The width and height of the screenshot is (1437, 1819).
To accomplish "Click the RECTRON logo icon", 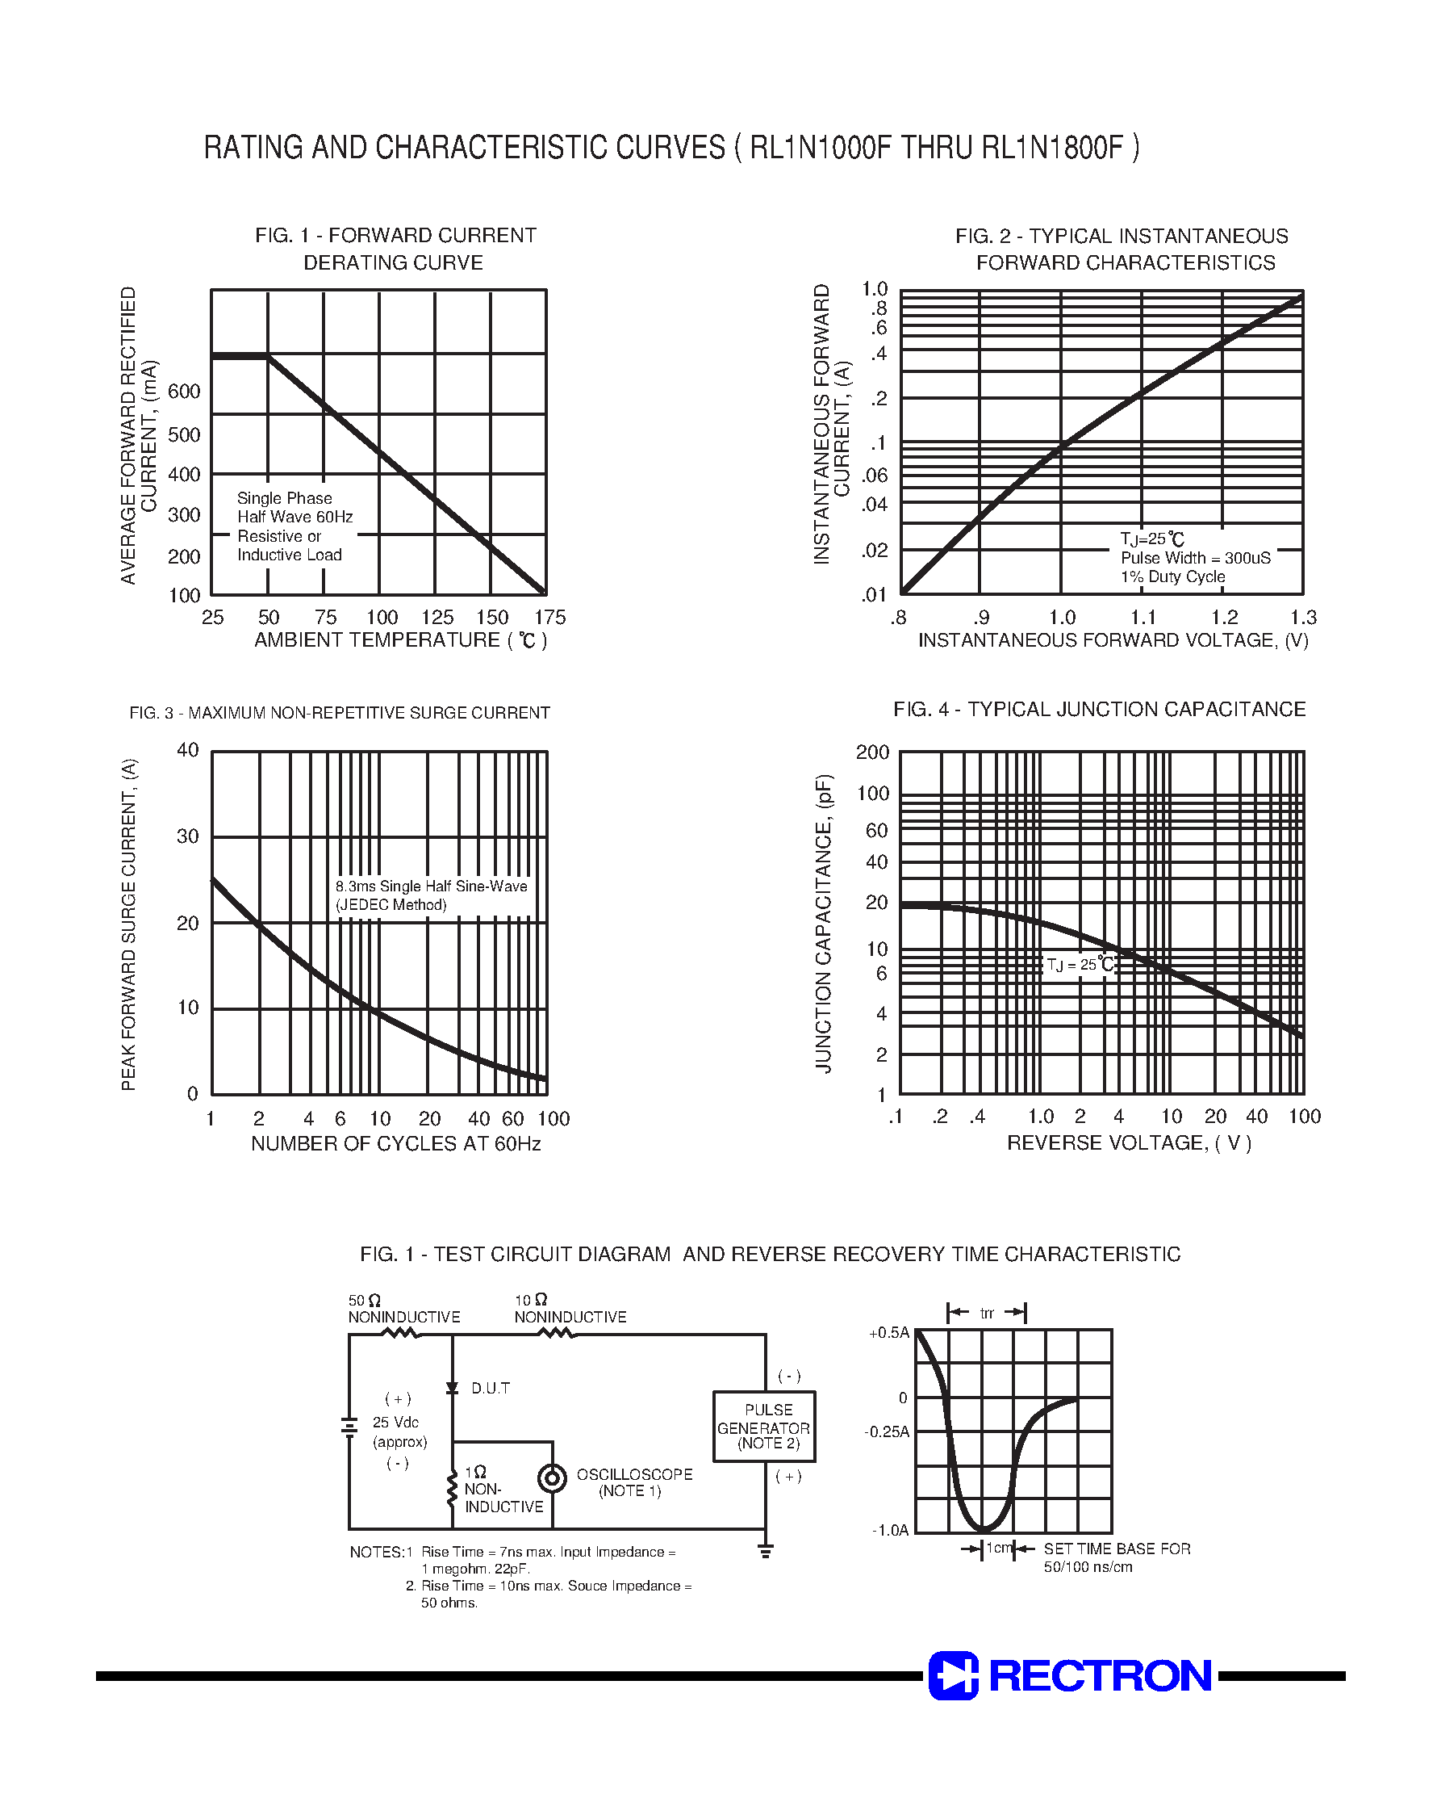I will coord(953,1675).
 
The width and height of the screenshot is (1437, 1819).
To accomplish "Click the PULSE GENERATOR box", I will coord(763,1427).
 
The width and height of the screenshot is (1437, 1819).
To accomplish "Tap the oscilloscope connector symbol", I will coord(552,1478).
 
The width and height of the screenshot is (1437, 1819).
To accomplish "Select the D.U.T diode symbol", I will coord(452,1388).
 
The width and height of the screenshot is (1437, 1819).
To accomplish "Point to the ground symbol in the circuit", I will coord(765,1550).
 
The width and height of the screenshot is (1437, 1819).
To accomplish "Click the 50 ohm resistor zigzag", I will coord(401,1333).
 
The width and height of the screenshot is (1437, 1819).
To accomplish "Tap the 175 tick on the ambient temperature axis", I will coord(549,618).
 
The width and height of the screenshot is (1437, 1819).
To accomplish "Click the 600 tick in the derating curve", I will coord(184,392).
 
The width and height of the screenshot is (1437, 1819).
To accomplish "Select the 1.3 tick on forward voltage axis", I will coord(1302,618).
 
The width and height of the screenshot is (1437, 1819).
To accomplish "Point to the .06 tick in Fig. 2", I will coord(875,476).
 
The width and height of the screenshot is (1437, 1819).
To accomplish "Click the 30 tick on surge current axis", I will coord(188,836).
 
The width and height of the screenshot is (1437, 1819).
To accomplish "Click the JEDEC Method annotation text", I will coord(391,906).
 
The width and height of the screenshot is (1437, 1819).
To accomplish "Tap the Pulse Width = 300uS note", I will coord(1195,558).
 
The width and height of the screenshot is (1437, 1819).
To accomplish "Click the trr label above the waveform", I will coord(987,1313).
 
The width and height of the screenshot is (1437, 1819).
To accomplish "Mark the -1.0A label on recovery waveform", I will coord(890,1530).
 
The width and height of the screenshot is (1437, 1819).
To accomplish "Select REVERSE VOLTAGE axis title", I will coord(1128,1143).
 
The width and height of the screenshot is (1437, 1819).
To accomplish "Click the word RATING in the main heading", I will coord(254,148).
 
